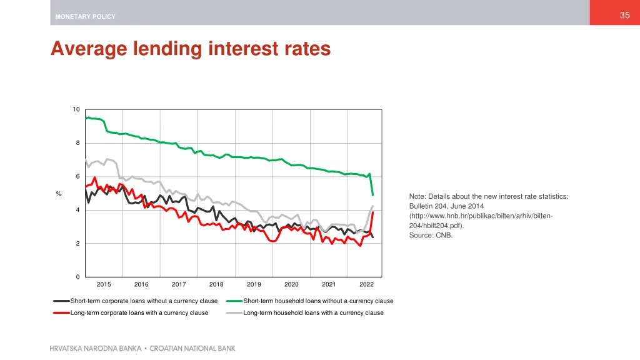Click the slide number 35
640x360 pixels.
tap(624, 16)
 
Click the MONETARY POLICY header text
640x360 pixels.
tap(85, 17)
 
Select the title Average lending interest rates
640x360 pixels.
tap(191, 48)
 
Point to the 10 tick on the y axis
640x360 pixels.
tap(76, 110)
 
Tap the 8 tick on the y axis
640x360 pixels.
tap(77, 144)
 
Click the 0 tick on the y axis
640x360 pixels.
tap(77, 277)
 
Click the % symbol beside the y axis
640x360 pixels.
tap(59, 194)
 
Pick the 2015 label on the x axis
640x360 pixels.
tap(104, 285)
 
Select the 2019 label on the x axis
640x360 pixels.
tap(254, 285)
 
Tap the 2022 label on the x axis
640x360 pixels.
tap(366, 285)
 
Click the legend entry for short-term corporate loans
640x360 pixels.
tap(144, 301)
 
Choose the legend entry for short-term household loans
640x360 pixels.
tap(318, 301)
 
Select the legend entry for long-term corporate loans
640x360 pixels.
tap(139, 312)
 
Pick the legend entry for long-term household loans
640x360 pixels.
tap(313, 312)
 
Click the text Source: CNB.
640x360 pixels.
tap(431, 236)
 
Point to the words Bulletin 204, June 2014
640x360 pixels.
tap(446, 206)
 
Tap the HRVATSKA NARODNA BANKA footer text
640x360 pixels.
tap(95, 349)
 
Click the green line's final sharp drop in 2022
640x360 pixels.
tap(372, 185)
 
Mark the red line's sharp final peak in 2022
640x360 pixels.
tap(373, 213)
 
